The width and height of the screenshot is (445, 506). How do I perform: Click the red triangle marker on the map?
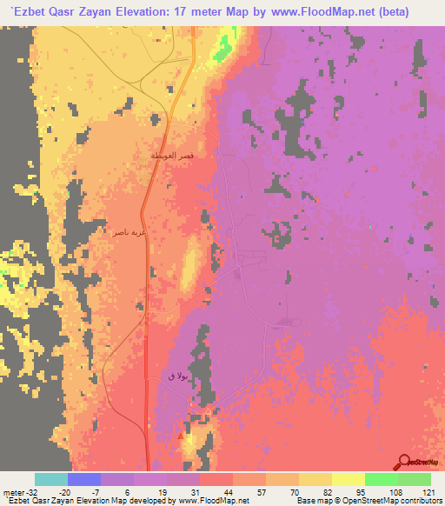pyautogui.click(x=181, y=436)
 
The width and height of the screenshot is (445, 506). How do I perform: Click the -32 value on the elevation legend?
pyautogui.click(x=33, y=491)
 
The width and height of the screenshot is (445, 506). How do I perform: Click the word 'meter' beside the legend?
pyautogui.click(x=12, y=491)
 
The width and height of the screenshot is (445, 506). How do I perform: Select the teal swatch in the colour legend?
pyautogui.click(x=51, y=479)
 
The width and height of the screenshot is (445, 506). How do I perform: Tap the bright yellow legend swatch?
pyautogui.click(x=348, y=479)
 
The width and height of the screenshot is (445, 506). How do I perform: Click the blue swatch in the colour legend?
pyautogui.click(x=84, y=479)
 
